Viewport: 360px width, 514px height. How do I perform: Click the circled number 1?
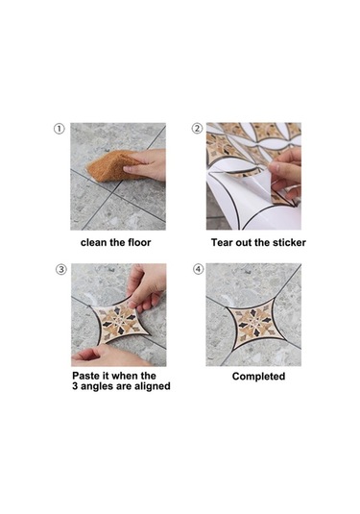click(x=59, y=129)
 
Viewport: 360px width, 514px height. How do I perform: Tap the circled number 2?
click(x=197, y=129)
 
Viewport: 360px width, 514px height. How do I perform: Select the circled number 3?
click(x=61, y=269)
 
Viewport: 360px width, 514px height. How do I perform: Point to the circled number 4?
click(x=198, y=269)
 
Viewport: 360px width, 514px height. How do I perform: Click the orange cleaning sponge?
click(x=109, y=166)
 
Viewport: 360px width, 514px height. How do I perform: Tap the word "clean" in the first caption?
click(x=94, y=242)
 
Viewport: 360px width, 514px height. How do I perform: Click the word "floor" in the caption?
click(x=139, y=242)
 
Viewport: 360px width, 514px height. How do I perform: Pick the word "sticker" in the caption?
click(x=290, y=242)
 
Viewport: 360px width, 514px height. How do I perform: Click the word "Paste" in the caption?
click(x=84, y=376)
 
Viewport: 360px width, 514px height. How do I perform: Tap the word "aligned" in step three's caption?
click(x=152, y=386)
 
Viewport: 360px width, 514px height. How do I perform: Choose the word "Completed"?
click(x=258, y=377)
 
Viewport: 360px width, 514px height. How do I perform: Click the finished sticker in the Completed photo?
click(x=254, y=324)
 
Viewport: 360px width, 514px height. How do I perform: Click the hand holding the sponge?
click(x=146, y=164)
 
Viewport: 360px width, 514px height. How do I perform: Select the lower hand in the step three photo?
click(x=108, y=356)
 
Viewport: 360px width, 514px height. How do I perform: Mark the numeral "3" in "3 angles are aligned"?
click(x=75, y=386)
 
